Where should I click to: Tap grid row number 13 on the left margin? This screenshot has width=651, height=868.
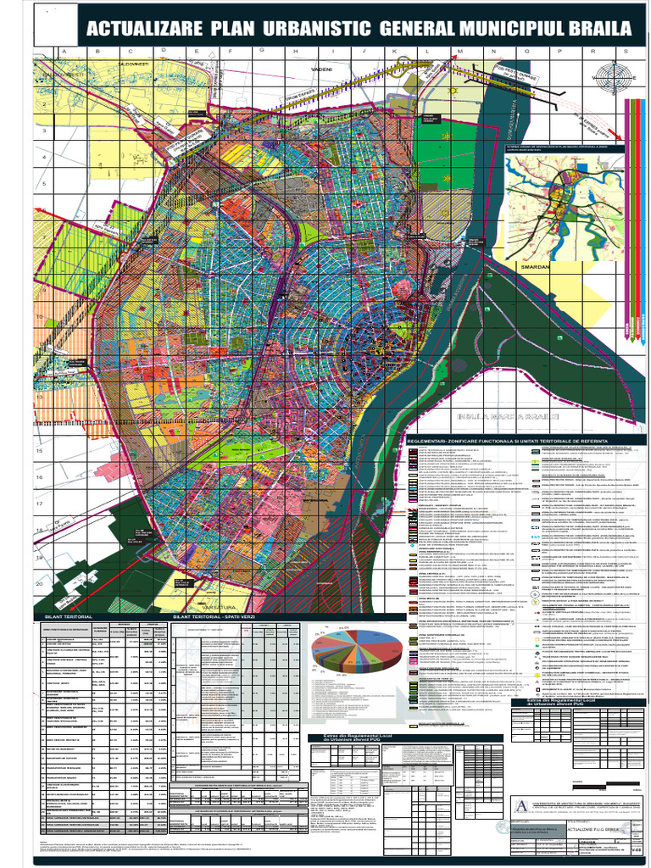point(39,397)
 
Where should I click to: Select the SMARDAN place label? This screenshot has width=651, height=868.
point(536,266)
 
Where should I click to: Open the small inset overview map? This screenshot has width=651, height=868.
point(562,208)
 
